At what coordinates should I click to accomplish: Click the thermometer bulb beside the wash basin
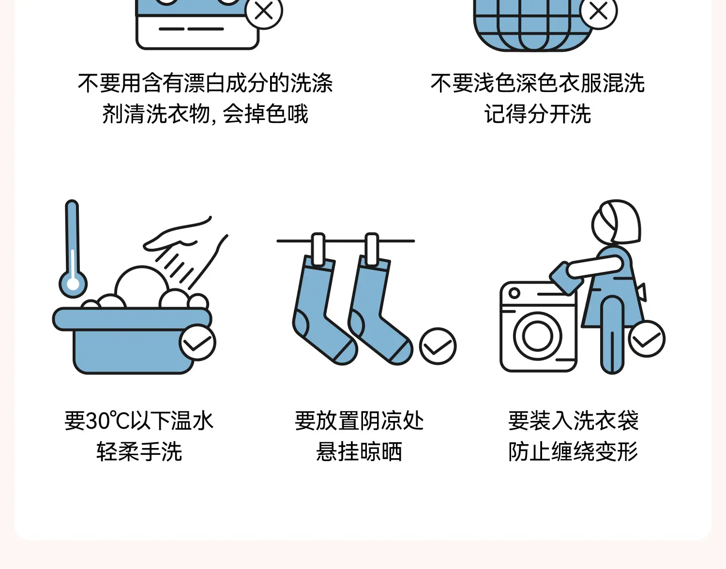pos(73,284)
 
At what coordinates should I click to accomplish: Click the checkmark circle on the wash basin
pos(197,343)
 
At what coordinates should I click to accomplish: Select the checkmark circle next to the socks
pos(438,346)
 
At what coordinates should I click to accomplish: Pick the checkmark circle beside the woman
pos(647,339)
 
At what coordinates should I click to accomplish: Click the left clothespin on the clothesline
pos(318,249)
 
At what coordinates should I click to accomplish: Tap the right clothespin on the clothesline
pos(372,249)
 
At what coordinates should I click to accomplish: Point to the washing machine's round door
pos(538,336)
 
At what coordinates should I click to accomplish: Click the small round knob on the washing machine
pos(514,293)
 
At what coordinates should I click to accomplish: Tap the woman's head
pos(616,221)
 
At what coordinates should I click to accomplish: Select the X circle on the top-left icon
pos(264,11)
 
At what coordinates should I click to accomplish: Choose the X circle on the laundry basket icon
pos(599,11)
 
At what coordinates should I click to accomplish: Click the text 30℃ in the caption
pos(107,420)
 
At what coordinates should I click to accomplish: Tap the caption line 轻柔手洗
pos(139,451)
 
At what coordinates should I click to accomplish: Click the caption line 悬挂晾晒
pos(359,451)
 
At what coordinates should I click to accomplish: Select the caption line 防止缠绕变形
pos(574,451)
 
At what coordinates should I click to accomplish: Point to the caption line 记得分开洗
pos(538,114)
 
